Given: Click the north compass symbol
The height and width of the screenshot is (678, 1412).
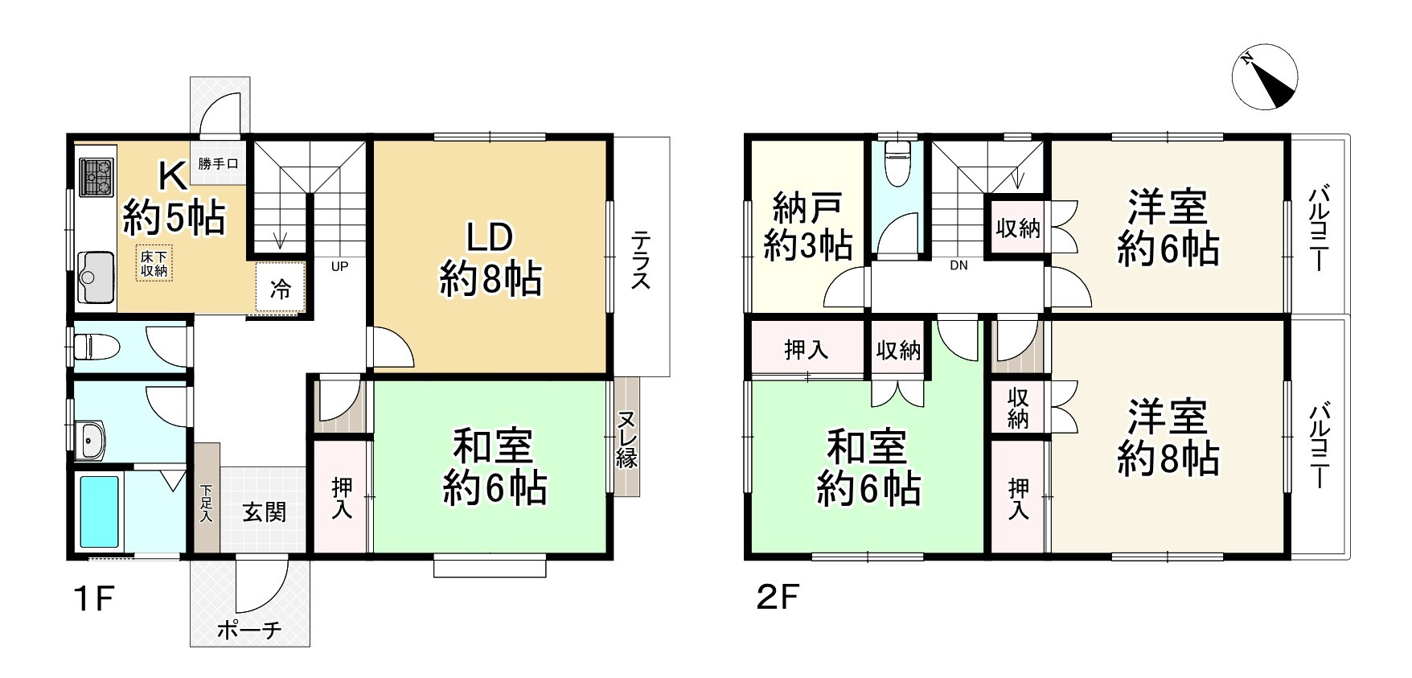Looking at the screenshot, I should (x=1265, y=77).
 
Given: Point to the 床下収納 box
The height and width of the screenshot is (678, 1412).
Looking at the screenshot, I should (x=154, y=264).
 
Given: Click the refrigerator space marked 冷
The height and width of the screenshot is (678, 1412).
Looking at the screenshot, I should (x=281, y=288).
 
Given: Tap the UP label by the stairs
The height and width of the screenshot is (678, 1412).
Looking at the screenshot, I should (x=339, y=266).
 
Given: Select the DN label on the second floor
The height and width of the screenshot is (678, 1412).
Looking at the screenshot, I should (x=958, y=265).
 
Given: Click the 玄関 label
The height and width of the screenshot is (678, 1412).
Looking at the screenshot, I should (x=264, y=512).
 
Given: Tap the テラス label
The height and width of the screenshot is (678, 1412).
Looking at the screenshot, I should (x=641, y=259).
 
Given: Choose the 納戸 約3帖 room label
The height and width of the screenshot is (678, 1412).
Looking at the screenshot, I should (x=807, y=227).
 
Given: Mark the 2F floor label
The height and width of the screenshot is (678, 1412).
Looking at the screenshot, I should (x=777, y=599).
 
